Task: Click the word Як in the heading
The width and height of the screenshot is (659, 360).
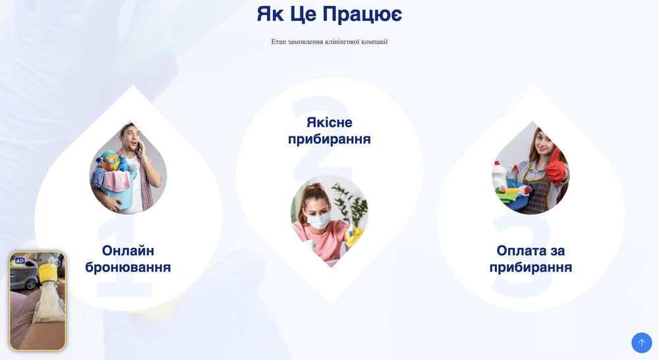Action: point(270,14)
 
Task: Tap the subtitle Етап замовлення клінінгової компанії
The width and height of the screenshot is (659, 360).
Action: point(329,42)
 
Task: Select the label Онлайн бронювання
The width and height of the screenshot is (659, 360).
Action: point(128,259)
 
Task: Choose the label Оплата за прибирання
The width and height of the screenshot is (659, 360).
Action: point(530,259)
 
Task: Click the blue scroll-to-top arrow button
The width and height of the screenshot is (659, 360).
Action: point(641,343)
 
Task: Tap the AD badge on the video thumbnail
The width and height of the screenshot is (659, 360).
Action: point(20,261)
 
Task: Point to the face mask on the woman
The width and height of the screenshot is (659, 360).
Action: point(319,221)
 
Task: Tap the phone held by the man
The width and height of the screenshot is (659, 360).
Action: point(138,148)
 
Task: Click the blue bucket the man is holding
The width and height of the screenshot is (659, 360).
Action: point(117,192)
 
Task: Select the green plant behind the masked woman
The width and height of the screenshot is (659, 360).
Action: point(349,201)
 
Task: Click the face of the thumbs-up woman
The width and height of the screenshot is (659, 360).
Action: point(540,143)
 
